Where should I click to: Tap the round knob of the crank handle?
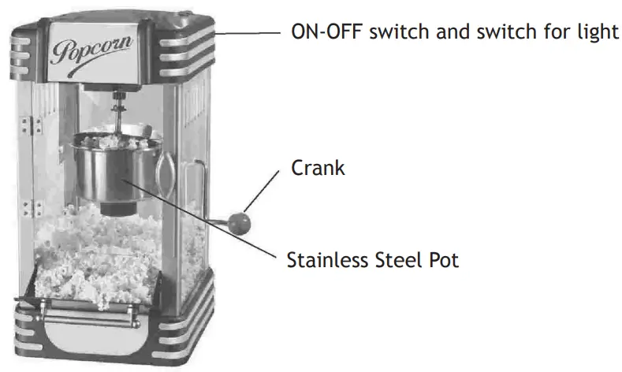click(246, 220)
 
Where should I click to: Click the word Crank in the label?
click(318, 168)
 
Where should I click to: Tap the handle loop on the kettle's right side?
click(167, 169)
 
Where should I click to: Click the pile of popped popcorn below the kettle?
click(95, 252)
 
